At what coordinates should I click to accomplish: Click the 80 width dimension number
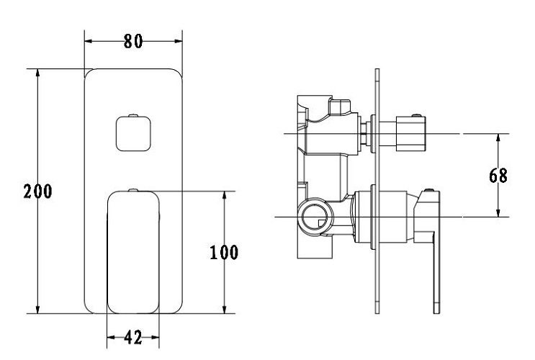[x=133, y=41]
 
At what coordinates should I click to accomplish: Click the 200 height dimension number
[x=38, y=191]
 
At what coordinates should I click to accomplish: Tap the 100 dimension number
[x=224, y=253]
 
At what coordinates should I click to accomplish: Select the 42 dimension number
[x=133, y=338]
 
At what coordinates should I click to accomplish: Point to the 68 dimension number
[x=498, y=176]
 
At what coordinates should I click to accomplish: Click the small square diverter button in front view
[x=133, y=133]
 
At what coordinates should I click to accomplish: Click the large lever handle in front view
[x=133, y=252]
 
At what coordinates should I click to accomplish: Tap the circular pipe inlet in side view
[x=314, y=217]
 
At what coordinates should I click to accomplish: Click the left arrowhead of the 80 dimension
[x=89, y=41]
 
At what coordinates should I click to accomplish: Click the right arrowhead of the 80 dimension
[x=178, y=41]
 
